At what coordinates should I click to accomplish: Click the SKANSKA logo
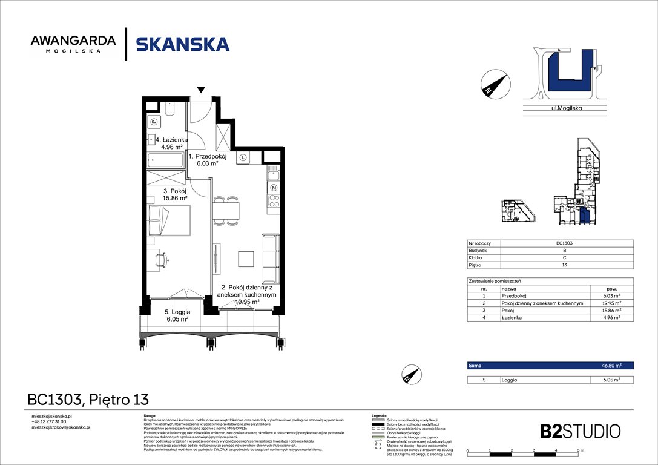click(x=182, y=44)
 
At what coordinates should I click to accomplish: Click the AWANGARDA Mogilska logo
click(x=73, y=44)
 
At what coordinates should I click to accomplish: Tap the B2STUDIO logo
click(x=580, y=431)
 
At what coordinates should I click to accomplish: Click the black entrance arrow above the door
click(x=202, y=91)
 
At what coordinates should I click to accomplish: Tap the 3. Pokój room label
click(x=174, y=194)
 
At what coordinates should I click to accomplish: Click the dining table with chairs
click(x=226, y=211)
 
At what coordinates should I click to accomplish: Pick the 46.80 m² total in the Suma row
click(x=611, y=366)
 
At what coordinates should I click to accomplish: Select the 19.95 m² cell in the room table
click(x=611, y=303)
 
